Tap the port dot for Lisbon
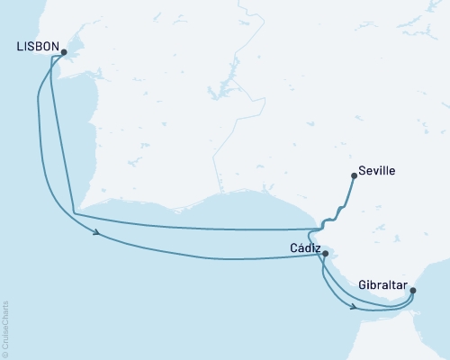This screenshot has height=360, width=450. click(64, 52)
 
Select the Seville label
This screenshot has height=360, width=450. click(376, 168)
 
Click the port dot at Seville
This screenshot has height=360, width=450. click(353, 176)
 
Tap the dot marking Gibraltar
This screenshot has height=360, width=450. click(412, 290)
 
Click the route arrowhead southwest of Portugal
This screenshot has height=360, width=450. click(96, 238)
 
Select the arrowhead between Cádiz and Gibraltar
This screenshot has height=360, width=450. click(355, 308)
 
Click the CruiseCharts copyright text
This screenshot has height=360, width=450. click(5, 324)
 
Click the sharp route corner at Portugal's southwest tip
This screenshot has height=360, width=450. click(73, 214)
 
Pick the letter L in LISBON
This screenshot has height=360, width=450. click(20, 46)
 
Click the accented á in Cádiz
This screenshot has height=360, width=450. click(301, 246)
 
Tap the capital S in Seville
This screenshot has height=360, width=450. click(361, 168)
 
